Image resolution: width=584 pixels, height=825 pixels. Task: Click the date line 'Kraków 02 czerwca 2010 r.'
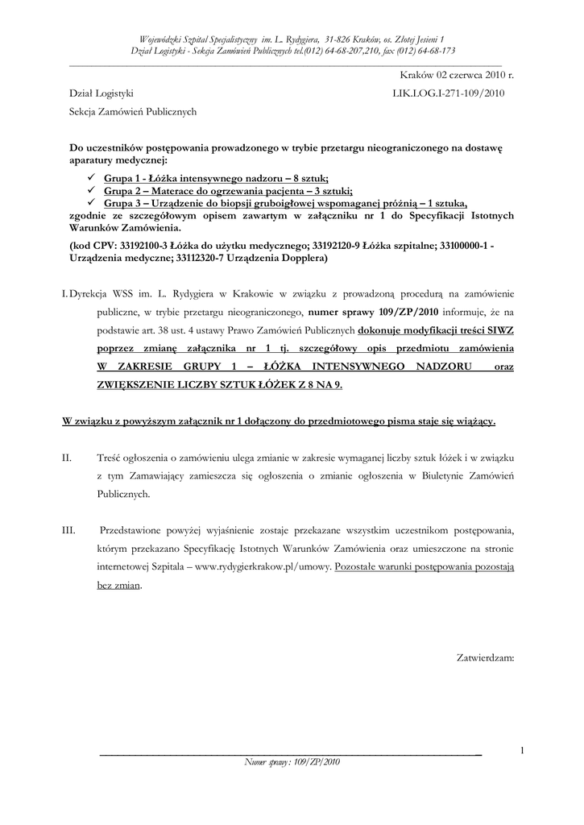point(456,75)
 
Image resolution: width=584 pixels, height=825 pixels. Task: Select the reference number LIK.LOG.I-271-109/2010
point(449,93)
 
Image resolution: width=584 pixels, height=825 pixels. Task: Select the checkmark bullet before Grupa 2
point(93,191)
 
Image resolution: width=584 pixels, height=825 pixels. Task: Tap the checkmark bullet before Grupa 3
point(93,203)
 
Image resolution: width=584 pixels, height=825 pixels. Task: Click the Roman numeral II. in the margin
point(68,458)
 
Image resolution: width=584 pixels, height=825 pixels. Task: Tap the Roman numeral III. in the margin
point(68,531)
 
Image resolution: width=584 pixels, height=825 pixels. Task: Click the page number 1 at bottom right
point(523,752)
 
